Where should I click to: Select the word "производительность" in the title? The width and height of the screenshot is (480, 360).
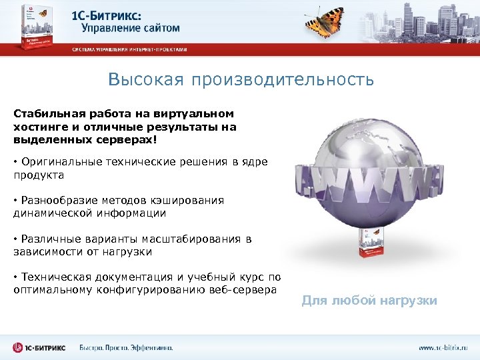pyautogui.click(x=283, y=80)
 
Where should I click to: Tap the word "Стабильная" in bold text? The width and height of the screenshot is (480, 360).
pyautogui.click(x=45, y=114)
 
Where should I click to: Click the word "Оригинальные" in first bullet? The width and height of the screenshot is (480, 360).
pyautogui.click(x=61, y=161)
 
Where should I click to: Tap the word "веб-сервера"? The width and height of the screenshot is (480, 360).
pyautogui.click(x=244, y=290)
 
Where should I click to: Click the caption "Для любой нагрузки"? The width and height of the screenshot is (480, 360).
pyautogui.click(x=369, y=301)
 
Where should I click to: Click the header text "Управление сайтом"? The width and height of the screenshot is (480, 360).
pyautogui.click(x=131, y=28)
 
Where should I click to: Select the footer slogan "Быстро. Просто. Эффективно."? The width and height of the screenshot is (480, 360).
pyautogui.click(x=127, y=347)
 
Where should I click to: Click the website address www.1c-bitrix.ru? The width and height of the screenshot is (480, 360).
pyautogui.click(x=443, y=347)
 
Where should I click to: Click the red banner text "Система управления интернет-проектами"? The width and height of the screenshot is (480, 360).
pyautogui.click(x=130, y=49)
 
